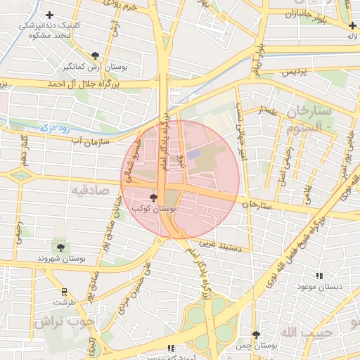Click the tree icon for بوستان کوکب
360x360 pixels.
click(x=154, y=198)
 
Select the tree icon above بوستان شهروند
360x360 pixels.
click(x=60, y=247)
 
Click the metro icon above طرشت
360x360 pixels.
click(x=65, y=291)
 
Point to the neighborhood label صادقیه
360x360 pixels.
click(x=89, y=189)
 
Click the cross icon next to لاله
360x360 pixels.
click(x=352, y=25)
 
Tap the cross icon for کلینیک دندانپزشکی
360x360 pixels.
click(x=49, y=15)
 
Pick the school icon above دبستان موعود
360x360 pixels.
click(x=319, y=276)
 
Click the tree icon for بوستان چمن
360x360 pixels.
click(x=256, y=335)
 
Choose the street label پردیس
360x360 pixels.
click(x=296, y=72)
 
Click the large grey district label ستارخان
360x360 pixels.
click(x=309, y=112)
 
